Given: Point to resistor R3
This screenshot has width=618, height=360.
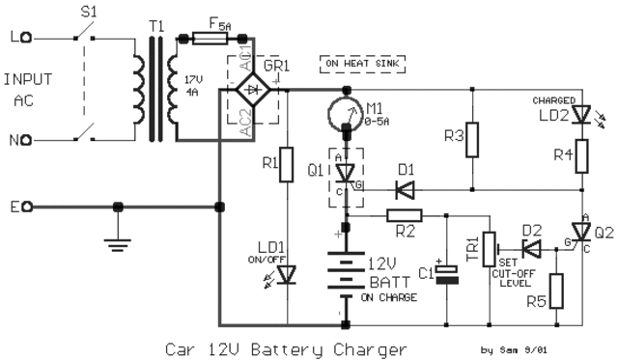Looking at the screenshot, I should [472, 141].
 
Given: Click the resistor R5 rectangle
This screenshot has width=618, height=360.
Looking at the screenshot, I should [556, 290].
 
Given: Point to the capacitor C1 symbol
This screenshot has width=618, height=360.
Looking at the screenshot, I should [447, 273].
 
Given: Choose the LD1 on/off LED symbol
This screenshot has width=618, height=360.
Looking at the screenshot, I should [287, 275].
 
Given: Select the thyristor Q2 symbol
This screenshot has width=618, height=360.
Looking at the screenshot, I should [580, 232].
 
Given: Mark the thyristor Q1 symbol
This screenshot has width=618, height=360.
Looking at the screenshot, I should [344, 172].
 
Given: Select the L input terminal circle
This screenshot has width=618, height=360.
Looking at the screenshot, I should [30, 39].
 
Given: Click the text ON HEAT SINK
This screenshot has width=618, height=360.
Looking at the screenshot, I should [362, 65].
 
